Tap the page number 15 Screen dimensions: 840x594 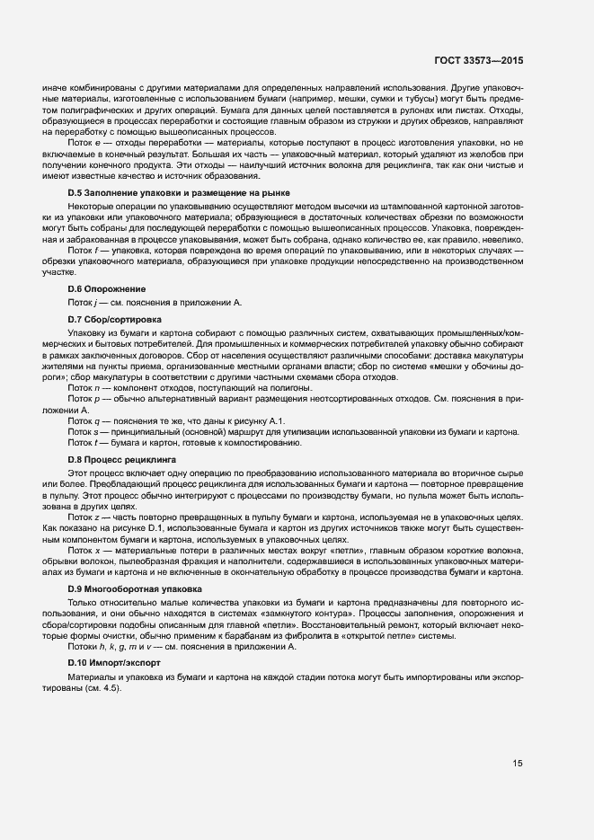click(x=518, y=764)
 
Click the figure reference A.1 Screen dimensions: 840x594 click(x=276, y=420)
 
